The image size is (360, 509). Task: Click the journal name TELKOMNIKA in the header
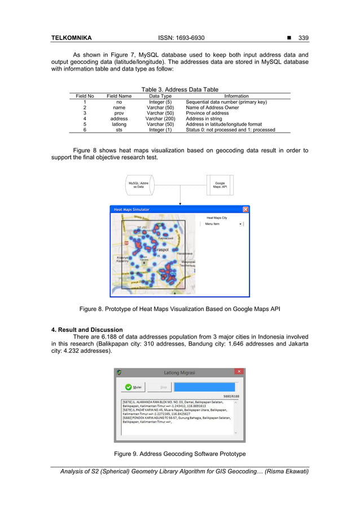click(x=71, y=38)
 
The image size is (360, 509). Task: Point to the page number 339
click(x=303, y=38)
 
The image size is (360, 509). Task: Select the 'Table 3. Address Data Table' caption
click(x=179, y=89)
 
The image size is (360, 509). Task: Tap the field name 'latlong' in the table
click(x=118, y=124)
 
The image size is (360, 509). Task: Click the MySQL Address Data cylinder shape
click(x=138, y=185)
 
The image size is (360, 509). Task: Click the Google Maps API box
click(x=219, y=185)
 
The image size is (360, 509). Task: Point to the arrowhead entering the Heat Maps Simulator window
click(x=180, y=204)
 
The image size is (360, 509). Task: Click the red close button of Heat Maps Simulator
click(x=245, y=209)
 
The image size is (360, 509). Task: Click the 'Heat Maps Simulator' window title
click(x=132, y=209)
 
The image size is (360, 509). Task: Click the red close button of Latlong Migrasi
click(x=239, y=372)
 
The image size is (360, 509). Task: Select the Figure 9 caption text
click(x=179, y=454)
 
